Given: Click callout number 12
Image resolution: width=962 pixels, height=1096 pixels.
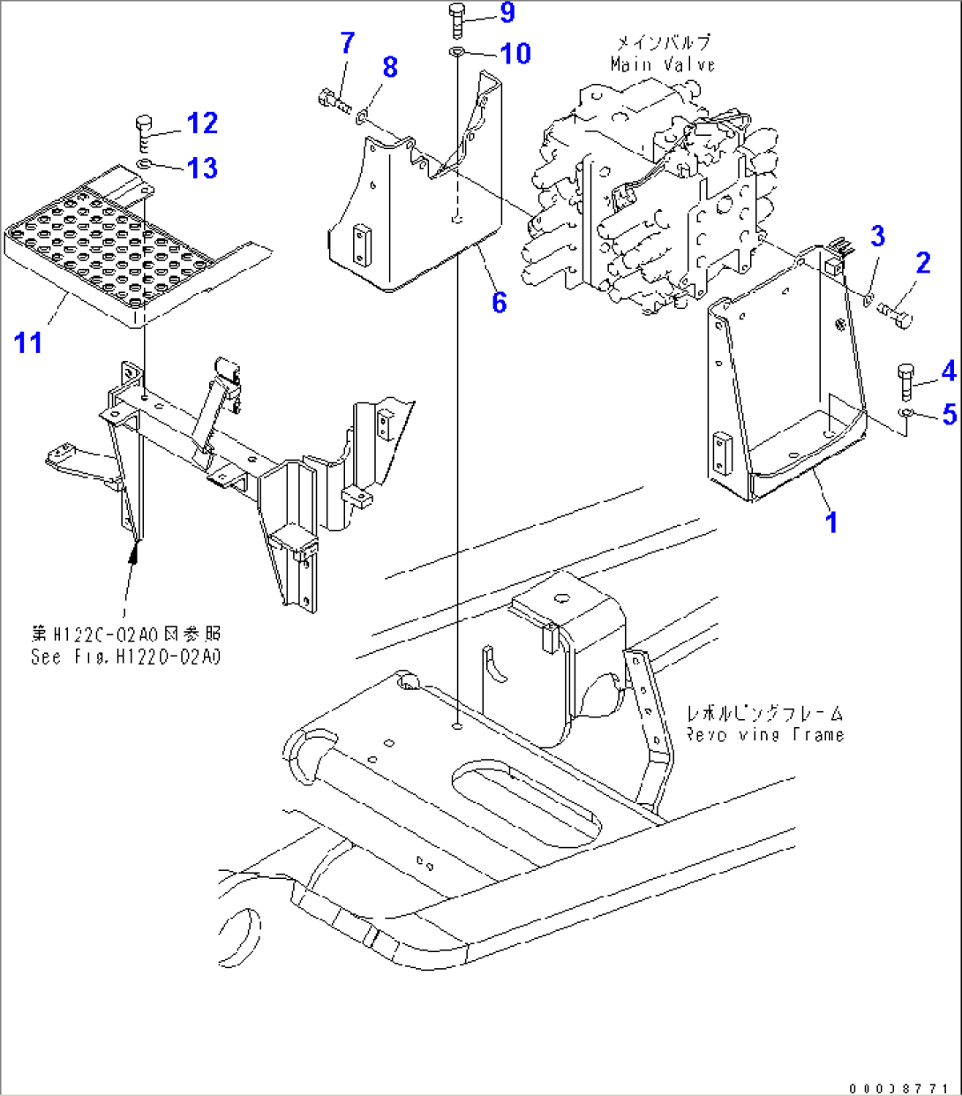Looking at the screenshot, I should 202,123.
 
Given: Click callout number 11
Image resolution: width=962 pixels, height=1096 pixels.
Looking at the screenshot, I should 28,342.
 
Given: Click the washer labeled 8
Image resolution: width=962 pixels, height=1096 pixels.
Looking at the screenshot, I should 363,113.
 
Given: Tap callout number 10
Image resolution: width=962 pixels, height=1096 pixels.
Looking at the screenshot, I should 515,53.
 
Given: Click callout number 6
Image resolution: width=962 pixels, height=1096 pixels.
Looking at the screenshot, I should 499,303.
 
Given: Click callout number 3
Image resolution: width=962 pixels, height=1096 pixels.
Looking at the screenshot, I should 876,236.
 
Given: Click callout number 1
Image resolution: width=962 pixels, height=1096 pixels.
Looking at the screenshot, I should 830,522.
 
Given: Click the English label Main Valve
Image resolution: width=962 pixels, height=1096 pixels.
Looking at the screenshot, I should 662,64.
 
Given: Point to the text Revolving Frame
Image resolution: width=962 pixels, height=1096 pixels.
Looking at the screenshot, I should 764,734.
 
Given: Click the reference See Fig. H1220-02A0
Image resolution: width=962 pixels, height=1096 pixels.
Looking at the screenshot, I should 125,657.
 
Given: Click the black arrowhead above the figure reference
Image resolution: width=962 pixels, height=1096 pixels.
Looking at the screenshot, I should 133,552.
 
